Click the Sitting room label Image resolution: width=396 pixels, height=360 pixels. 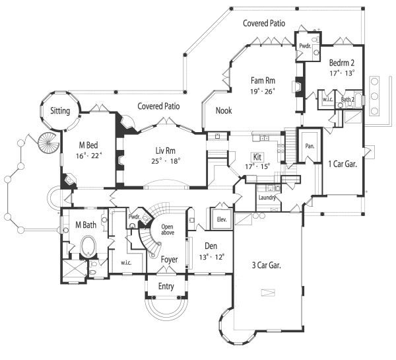(x=60, y=111)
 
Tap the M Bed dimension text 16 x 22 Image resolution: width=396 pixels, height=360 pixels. (x=89, y=156)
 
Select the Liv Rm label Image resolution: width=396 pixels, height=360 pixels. (x=166, y=151)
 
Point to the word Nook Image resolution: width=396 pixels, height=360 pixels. (x=224, y=110)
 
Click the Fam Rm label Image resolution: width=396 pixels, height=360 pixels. (x=263, y=81)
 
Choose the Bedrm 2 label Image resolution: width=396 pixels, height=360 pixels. (x=342, y=63)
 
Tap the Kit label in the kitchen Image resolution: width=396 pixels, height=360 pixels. (x=257, y=157)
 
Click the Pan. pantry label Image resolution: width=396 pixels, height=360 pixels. (x=310, y=146)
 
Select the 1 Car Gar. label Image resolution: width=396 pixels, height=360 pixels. (x=343, y=164)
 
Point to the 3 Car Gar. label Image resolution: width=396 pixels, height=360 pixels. (x=267, y=265)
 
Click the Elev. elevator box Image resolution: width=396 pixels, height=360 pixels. (x=222, y=219)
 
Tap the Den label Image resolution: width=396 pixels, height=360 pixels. (x=211, y=246)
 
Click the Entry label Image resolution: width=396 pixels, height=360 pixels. (x=166, y=287)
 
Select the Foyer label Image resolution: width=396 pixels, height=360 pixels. (x=169, y=260)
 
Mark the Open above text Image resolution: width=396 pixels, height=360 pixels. (x=168, y=230)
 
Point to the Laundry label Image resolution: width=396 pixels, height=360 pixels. (x=267, y=198)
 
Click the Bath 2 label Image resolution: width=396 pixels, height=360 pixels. (x=348, y=99)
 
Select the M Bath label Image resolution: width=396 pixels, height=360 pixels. (x=86, y=225)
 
